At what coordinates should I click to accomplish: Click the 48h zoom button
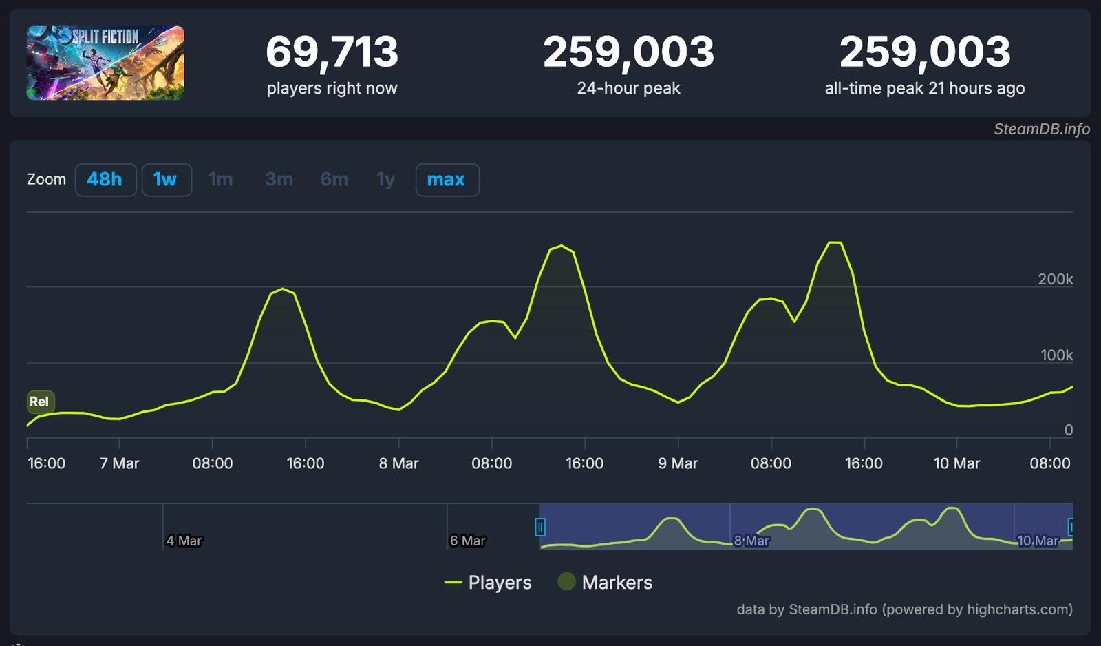pyautogui.click(x=105, y=180)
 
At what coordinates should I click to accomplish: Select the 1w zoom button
pyautogui.click(x=166, y=180)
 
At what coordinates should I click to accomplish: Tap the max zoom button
pyautogui.click(x=447, y=180)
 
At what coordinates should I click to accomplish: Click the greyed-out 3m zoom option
pyautogui.click(x=279, y=180)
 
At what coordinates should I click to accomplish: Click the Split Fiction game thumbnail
pyautogui.click(x=105, y=63)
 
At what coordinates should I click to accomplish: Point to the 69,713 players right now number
pyautogui.click(x=332, y=52)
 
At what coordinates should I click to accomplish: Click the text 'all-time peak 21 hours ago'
pyautogui.click(x=924, y=89)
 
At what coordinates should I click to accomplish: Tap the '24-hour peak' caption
pyautogui.click(x=628, y=89)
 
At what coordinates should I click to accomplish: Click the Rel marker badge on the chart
pyautogui.click(x=40, y=402)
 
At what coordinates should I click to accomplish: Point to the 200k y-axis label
pyautogui.click(x=1055, y=279)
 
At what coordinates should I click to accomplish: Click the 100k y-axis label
pyautogui.click(x=1056, y=355)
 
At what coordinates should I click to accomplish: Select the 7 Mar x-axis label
pyautogui.click(x=119, y=463)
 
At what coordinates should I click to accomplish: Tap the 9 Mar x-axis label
pyautogui.click(x=678, y=463)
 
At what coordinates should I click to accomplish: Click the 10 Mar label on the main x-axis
pyautogui.click(x=956, y=463)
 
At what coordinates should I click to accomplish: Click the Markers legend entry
pyautogui.click(x=605, y=583)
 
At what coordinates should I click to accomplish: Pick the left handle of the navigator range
pyautogui.click(x=540, y=528)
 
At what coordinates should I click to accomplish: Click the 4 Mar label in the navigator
pyautogui.click(x=184, y=541)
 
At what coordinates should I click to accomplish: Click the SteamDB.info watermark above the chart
pyautogui.click(x=1041, y=129)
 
